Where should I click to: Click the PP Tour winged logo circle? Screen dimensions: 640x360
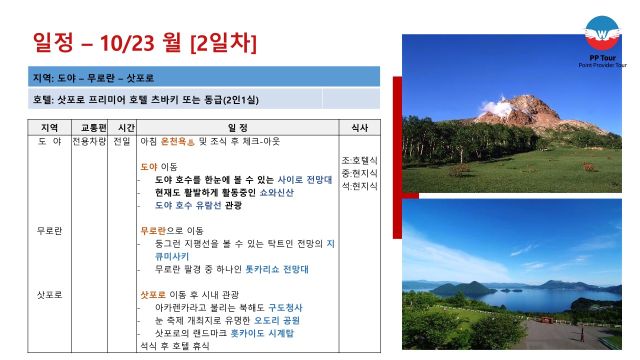click(602, 33)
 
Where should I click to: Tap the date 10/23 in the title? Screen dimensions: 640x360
click(127, 43)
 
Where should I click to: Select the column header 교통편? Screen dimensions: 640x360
click(93, 127)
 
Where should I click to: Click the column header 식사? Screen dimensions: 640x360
click(359, 127)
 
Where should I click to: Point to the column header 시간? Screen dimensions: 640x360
click(126, 127)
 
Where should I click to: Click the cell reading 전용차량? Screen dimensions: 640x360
click(89, 141)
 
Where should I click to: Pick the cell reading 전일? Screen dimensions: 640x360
click(121, 141)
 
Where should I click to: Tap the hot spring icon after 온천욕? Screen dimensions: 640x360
click(191, 141)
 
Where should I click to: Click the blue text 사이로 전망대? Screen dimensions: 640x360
click(304, 179)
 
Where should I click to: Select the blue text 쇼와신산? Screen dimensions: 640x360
click(276, 192)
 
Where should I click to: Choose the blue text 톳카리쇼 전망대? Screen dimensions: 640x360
click(277, 269)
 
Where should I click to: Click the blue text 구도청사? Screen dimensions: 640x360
click(285, 307)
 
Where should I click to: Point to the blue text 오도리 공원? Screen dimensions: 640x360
click(276, 320)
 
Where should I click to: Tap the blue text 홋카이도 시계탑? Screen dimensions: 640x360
click(262, 333)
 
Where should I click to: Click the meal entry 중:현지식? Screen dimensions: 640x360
click(359, 173)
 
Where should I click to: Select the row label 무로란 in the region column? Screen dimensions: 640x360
click(49, 231)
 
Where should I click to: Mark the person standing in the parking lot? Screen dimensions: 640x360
click(582, 334)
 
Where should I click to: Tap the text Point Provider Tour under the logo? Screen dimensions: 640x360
click(602, 65)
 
